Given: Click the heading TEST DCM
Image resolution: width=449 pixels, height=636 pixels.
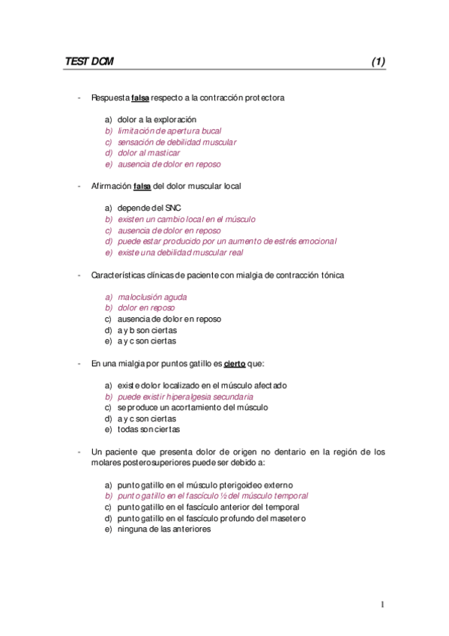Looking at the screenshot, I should coord(89,61).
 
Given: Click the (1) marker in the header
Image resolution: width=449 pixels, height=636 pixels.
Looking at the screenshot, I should coord(378,61).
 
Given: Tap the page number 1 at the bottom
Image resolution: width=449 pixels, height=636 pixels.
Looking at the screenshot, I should coord(382,604).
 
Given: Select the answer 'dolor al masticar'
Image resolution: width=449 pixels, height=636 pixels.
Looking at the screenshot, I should coord(148,153).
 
